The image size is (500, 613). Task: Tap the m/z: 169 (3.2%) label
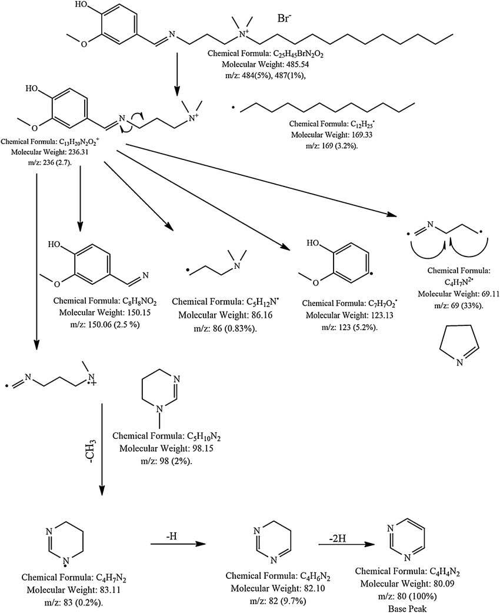tap(322, 144)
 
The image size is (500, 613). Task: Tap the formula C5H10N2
tap(159, 437)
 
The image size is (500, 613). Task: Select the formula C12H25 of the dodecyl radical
tap(322, 124)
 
